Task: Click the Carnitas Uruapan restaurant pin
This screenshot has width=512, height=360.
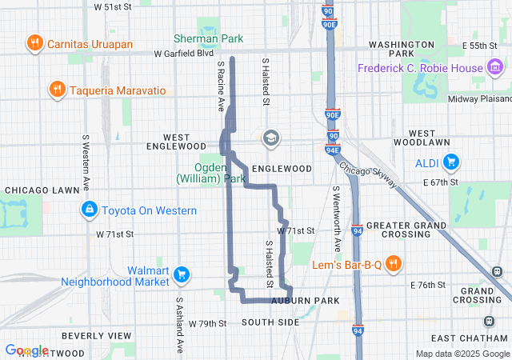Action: point(34,42)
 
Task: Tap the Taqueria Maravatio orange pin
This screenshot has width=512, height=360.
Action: point(57,88)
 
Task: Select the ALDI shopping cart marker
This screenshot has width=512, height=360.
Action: point(450,162)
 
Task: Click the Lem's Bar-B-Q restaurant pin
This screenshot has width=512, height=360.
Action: point(393,262)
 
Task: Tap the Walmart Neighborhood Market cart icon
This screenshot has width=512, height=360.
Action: point(182,274)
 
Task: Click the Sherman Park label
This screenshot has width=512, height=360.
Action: point(208,38)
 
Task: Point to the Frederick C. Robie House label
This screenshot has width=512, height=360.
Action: point(420,69)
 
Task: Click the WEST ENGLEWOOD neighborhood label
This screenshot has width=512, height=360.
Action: point(176,142)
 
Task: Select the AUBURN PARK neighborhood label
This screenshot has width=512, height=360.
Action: point(305,301)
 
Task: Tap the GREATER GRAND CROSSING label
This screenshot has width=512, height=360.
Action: point(406,230)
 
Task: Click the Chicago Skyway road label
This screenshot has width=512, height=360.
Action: point(367,175)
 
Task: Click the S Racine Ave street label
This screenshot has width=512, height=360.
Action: point(220,89)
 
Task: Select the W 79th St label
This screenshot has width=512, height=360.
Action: point(207,323)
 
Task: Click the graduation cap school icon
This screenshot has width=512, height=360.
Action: point(271,138)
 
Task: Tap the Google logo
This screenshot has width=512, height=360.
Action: point(26,350)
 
